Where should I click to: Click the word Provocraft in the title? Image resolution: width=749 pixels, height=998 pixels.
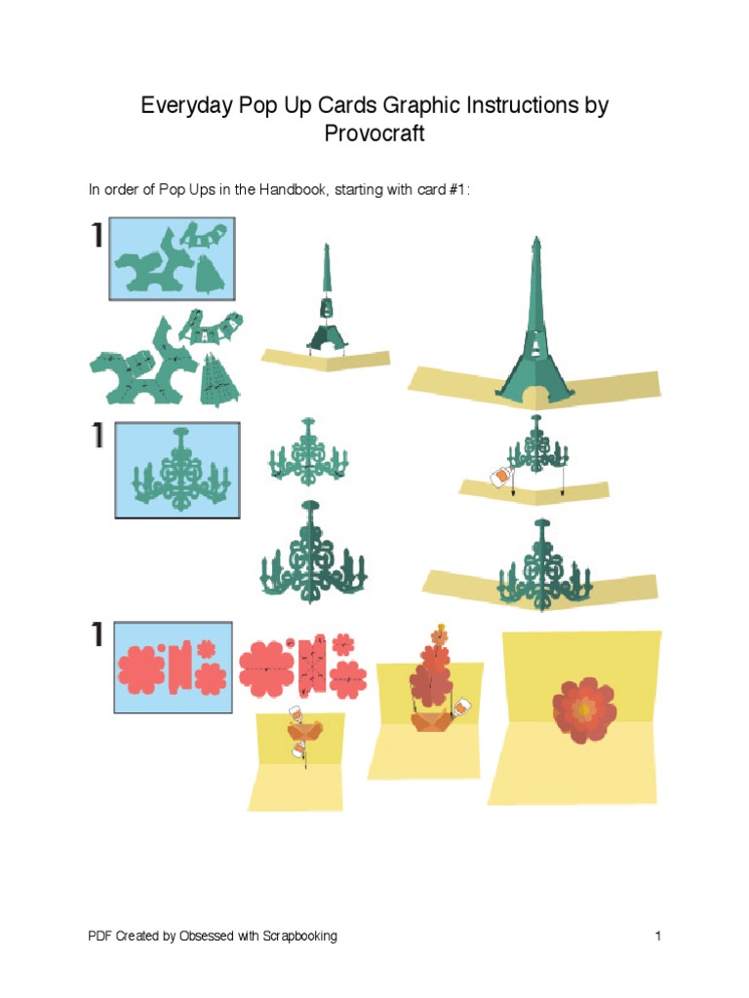coord(374,134)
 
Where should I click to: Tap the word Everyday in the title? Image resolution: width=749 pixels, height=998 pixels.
coord(184,105)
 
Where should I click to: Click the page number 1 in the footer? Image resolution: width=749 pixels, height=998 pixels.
coord(659,937)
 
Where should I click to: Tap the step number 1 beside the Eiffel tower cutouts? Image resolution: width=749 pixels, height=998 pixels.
coord(98,236)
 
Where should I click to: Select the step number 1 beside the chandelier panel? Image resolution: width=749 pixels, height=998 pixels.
coord(98,436)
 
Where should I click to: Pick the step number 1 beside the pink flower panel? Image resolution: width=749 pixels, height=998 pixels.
coord(98,635)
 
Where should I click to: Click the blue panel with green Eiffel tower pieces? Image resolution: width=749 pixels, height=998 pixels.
coord(172,260)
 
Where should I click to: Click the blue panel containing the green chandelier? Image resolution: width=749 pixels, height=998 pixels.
coord(177,470)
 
